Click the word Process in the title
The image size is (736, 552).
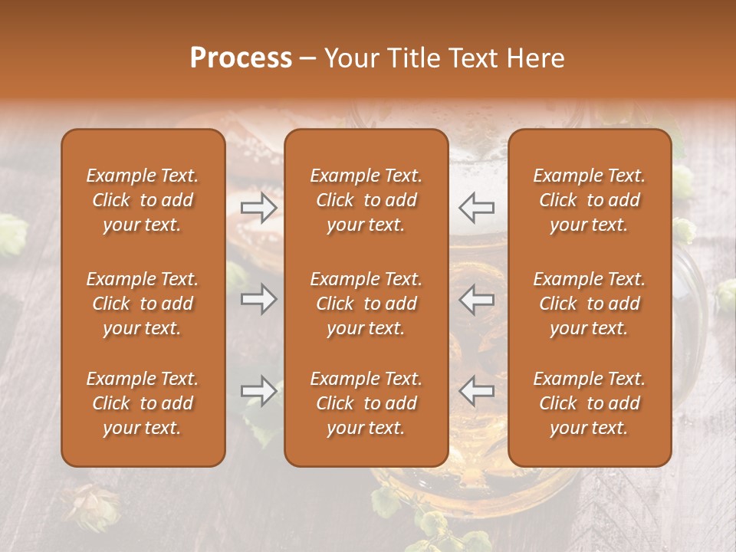click(241, 58)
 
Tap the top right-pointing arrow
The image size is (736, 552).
click(258, 207)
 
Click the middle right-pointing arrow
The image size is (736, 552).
click(258, 298)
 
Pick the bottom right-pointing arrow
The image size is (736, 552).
click(258, 391)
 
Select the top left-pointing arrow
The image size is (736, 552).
click(476, 207)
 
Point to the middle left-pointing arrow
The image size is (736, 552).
click(476, 298)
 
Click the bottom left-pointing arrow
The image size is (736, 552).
click(476, 391)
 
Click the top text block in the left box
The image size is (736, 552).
click(143, 200)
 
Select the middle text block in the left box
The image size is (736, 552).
click(143, 304)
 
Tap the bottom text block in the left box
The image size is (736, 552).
click(143, 403)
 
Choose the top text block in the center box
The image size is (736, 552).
click(366, 200)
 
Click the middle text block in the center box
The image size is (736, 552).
click(366, 304)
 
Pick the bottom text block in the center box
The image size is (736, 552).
click(366, 403)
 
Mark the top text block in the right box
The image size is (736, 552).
click(589, 200)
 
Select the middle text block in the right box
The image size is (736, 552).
click(589, 304)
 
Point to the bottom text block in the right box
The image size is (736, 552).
click(589, 403)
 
